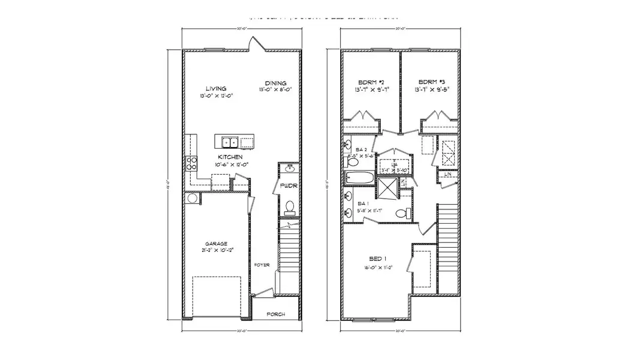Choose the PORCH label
point(275,314)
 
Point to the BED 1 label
point(376,259)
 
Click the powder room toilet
point(290,208)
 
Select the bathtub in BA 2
point(359,178)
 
